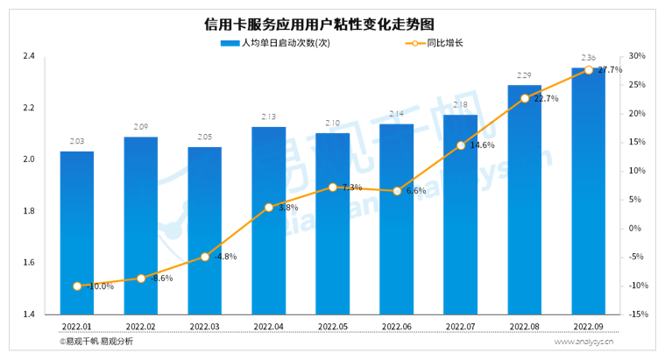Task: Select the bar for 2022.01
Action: (x=77, y=232)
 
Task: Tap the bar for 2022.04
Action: (x=269, y=219)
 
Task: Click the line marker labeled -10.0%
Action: (x=77, y=286)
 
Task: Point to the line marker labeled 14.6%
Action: (x=461, y=145)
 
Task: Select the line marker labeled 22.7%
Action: (x=525, y=99)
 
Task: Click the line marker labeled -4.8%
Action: (x=205, y=257)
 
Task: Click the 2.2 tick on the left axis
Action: (x=29, y=108)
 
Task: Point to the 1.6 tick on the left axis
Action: (x=29, y=263)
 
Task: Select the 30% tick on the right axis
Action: (x=637, y=56)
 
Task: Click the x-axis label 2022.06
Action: (x=397, y=326)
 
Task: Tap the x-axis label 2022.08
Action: (x=525, y=326)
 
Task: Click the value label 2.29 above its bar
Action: (x=525, y=75)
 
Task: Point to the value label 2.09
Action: (x=141, y=128)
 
